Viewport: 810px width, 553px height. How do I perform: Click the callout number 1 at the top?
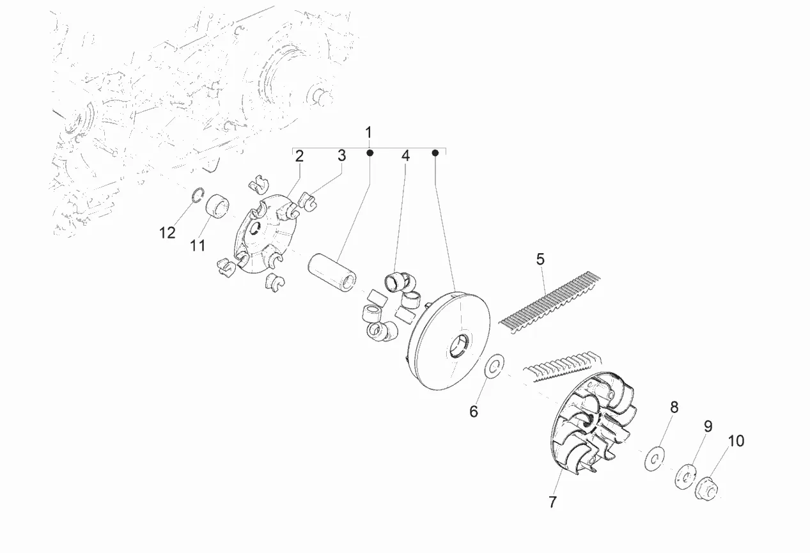click(x=368, y=132)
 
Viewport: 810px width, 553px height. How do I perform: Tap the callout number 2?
click(x=299, y=155)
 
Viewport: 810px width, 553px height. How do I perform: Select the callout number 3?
click(x=341, y=155)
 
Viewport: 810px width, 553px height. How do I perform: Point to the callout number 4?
click(x=405, y=155)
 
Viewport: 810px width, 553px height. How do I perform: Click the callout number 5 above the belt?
click(x=540, y=260)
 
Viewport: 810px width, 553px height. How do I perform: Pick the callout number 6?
click(x=474, y=412)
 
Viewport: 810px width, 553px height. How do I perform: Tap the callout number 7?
click(x=552, y=502)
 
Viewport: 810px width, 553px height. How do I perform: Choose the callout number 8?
click(x=674, y=407)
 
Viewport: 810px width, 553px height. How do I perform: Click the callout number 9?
click(x=708, y=426)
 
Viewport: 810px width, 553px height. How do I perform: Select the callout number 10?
click(x=735, y=441)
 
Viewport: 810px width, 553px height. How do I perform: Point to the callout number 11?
click(x=198, y=244)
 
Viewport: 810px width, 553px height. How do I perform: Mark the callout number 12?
click(x=167, y=233)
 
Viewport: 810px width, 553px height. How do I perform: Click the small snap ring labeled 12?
click(x=198, y=194)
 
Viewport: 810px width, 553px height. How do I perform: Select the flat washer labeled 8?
click(x=653, y=458)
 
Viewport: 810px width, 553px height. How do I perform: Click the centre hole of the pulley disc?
click(x=460, y=347)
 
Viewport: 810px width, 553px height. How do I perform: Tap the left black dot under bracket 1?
click(x=370, y=153)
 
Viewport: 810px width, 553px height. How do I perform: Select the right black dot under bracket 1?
click(x=435, y=153)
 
